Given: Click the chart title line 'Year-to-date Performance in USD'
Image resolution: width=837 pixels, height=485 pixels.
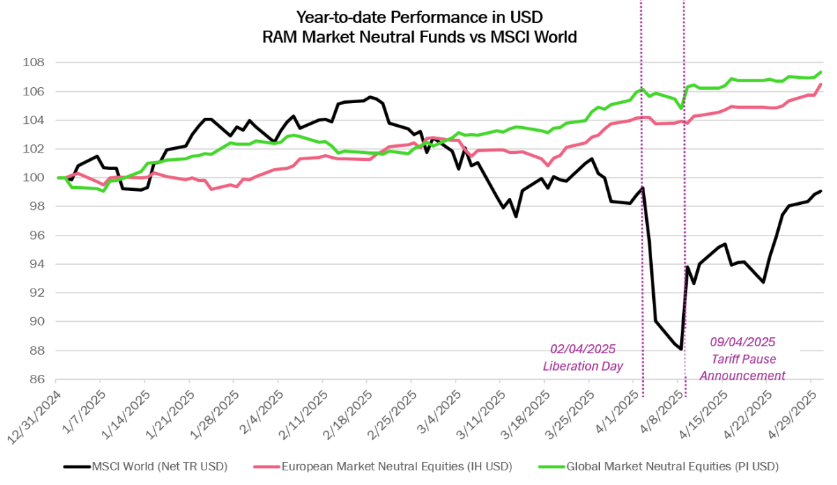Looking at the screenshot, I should pyautogui.click(x=418, y=16).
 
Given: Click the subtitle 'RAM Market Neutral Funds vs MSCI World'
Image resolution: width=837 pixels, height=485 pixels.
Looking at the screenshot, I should pyautogui.click(x=418, y=38).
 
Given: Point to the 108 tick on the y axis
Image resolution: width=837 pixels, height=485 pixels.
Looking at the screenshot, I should pyautogui.click(x=33, y=63).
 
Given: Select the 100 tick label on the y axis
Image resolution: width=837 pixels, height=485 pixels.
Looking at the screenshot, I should pyautogui.click(x=33, y=178).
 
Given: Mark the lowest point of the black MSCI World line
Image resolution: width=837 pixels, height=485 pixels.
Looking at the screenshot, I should pyautogui.click(x=681, y=350).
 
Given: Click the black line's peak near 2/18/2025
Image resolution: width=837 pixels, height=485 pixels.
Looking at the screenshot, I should pyautogui.click(x=370, y=97).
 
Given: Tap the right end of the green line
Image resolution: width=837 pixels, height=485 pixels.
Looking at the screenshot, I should pyautogui.click(x=822, y=72).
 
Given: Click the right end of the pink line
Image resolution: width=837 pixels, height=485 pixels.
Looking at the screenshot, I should pyautogui.click(x=821, y=84).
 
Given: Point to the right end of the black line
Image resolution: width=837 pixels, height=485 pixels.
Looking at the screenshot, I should pyautogui.click(x=821, y=191).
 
